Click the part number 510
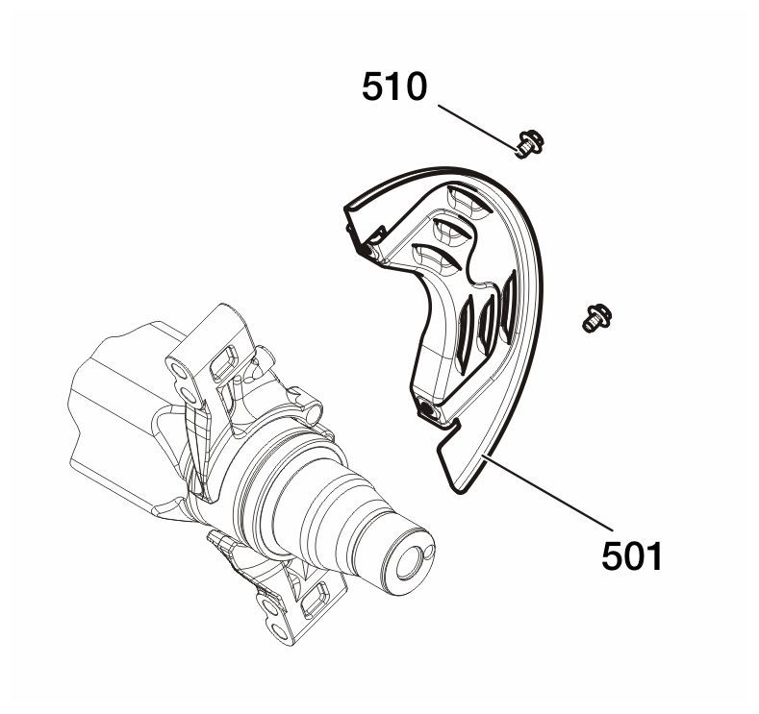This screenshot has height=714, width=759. click(394, 87)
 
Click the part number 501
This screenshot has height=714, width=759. click(631, 556)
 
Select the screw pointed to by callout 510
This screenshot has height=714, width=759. click(529, 144)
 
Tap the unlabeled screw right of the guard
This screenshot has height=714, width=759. click(596, 318)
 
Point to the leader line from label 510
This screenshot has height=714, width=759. click(477, 127)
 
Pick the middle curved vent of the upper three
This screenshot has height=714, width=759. click(453, 231)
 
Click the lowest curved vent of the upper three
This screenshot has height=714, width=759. click(436, 258)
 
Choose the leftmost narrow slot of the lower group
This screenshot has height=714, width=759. click(466, 335)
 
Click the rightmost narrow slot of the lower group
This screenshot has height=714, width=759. click(508, 305)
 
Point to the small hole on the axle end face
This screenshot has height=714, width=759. click(428, 554)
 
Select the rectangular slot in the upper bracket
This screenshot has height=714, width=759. click(223, 362)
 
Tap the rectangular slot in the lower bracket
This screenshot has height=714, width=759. click(316, 600)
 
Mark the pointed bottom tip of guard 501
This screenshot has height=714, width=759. click(459, 492)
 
